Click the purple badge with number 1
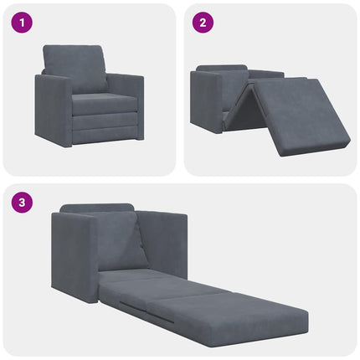click(21, 23)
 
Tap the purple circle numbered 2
click(202, 23)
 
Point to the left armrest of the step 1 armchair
click(53, 110)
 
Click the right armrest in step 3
click(167, 243)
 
